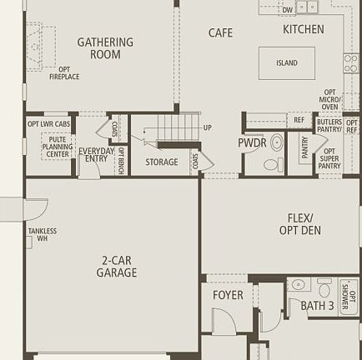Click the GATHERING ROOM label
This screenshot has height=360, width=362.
[105, 48]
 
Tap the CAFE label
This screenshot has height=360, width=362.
[220, 33]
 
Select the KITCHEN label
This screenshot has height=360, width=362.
[303, 29]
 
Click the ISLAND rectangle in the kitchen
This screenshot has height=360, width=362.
[286, 63]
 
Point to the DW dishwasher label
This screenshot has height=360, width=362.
[287, 10]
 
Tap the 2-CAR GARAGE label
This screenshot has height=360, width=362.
[116, 267]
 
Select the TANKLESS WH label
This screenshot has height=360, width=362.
[43, 235]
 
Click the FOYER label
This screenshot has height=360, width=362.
[228, 295]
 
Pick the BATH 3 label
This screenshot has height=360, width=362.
[317, 306]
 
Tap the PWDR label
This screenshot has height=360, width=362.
[252, 142]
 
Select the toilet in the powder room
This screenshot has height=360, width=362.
[276, 142]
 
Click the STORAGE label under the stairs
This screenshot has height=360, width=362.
[161, 162]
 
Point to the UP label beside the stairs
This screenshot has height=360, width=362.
[207, 127]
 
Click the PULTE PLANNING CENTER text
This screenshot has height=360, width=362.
[58, 147]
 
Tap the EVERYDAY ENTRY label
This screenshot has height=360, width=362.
[97, 154]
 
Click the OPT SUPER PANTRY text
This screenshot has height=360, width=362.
[329, 159]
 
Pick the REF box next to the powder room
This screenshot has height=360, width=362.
[299, 120]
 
